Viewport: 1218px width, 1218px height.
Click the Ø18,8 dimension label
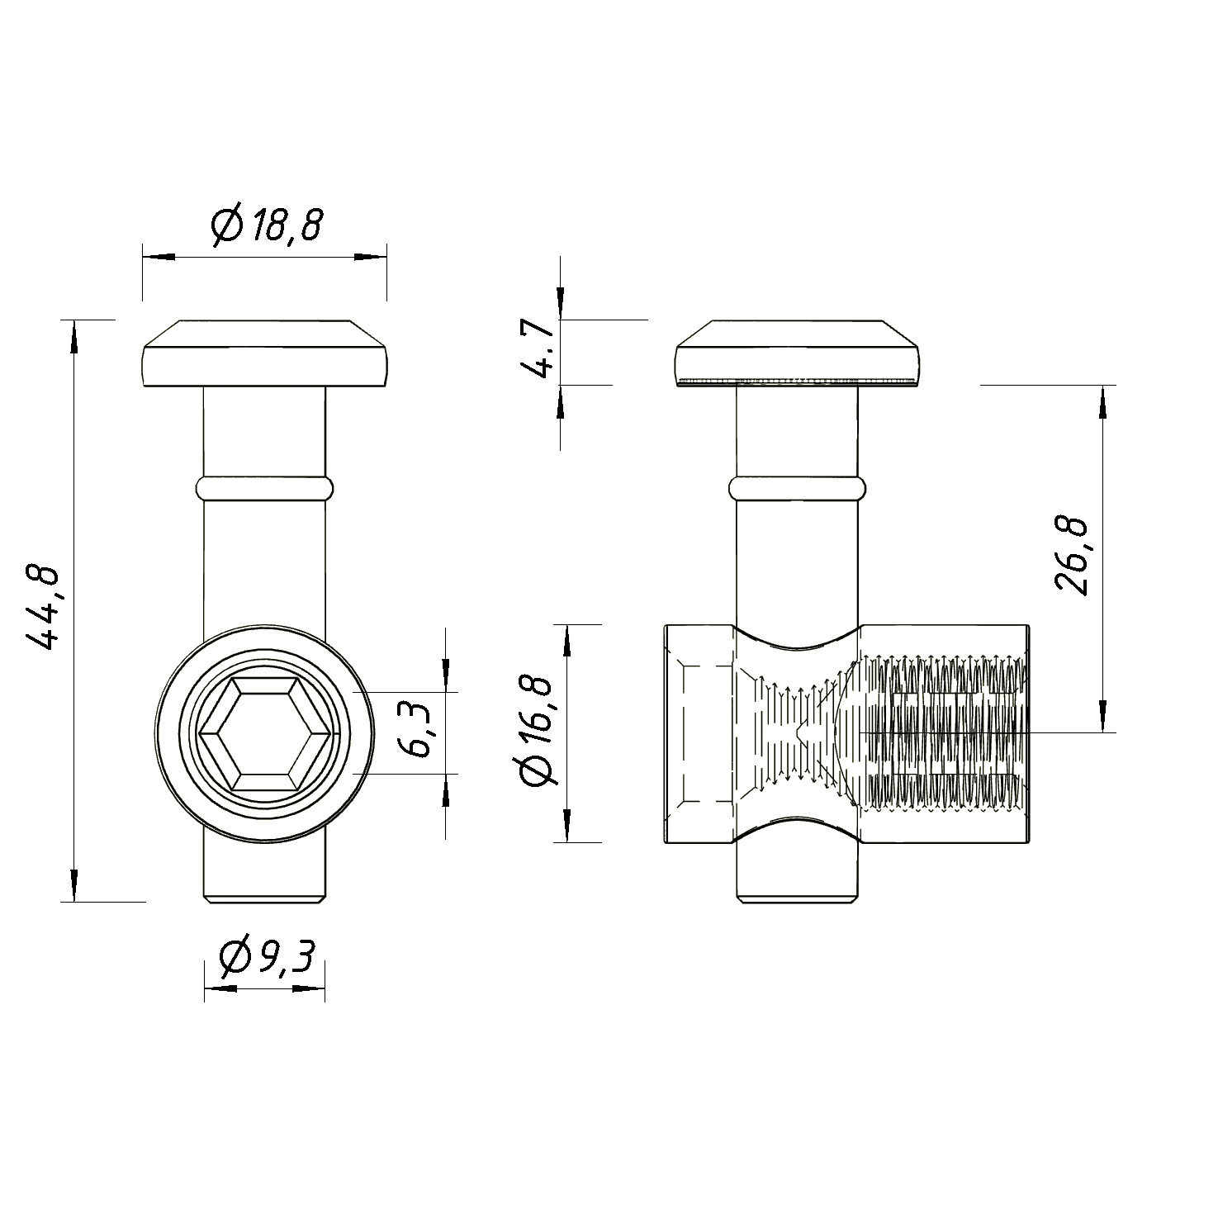(x=265, y=225)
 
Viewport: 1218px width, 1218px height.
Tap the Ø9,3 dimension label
(x=268, y=959)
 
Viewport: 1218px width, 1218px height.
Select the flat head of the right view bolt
(x=798, y=353)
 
